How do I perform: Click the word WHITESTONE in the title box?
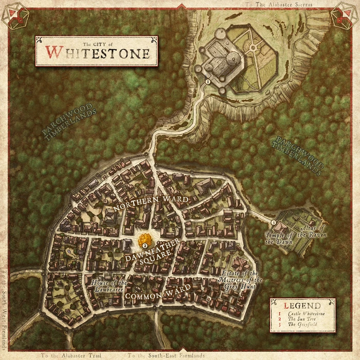pos(97,53)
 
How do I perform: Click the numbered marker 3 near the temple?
pos(274,222)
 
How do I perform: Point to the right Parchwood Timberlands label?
pos(299,156)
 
